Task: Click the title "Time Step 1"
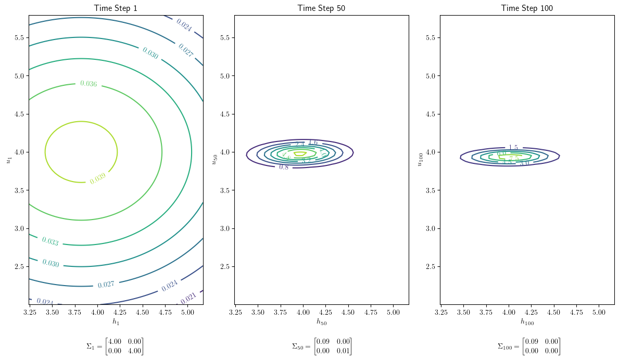point(116,8)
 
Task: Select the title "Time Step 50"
point(321,8)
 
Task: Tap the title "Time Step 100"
point(527,8)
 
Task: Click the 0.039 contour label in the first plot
point(97,178)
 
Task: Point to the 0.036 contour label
point(89,84)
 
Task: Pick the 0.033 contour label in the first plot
point(50,241)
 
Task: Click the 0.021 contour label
point(188,298)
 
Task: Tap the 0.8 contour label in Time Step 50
point(284,167)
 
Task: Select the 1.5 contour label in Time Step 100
point(513,148)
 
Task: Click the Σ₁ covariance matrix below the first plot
point(115,346)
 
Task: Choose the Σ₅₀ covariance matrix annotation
point(322,346)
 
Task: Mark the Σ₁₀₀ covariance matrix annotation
point(529,346)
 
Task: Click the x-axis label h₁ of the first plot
point(116,322)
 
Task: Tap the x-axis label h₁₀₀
point(527,322)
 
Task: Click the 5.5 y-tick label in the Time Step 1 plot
point(19,37)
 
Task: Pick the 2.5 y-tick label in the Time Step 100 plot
point(430,266)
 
